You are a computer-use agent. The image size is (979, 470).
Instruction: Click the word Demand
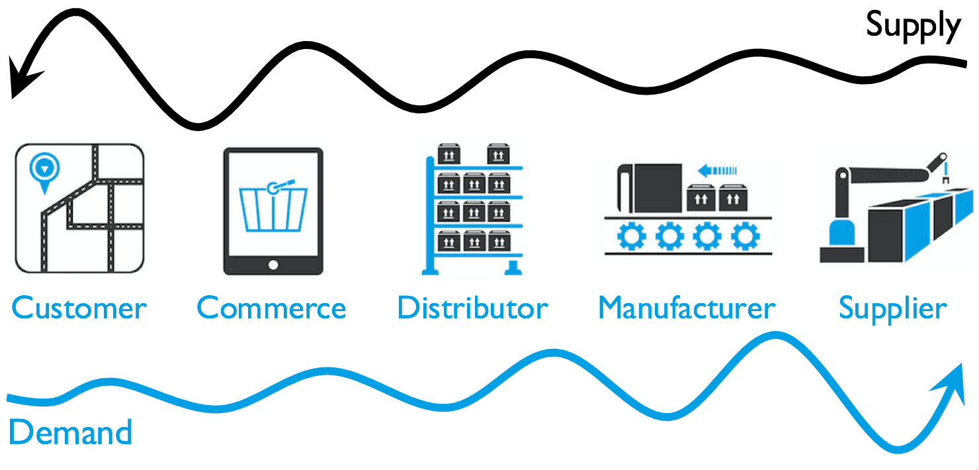tap(70, 433)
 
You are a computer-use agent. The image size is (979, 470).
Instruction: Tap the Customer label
tap(79, 308)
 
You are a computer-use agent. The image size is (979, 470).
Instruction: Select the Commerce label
tap(271, 308)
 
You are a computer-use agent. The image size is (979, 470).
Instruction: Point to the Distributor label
tap(472, 308)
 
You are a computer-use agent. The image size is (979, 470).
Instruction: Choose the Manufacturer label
tap(687, 308)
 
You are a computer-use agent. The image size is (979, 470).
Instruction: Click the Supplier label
tap(892, 308)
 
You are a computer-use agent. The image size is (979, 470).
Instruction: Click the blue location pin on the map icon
tap(43, 169)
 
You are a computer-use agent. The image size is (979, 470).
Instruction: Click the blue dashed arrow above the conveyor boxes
tap(718, 171)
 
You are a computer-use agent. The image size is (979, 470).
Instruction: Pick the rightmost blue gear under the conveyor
tap(745, 236)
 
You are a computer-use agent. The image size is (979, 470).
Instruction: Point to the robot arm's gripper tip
tap(946, 176)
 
